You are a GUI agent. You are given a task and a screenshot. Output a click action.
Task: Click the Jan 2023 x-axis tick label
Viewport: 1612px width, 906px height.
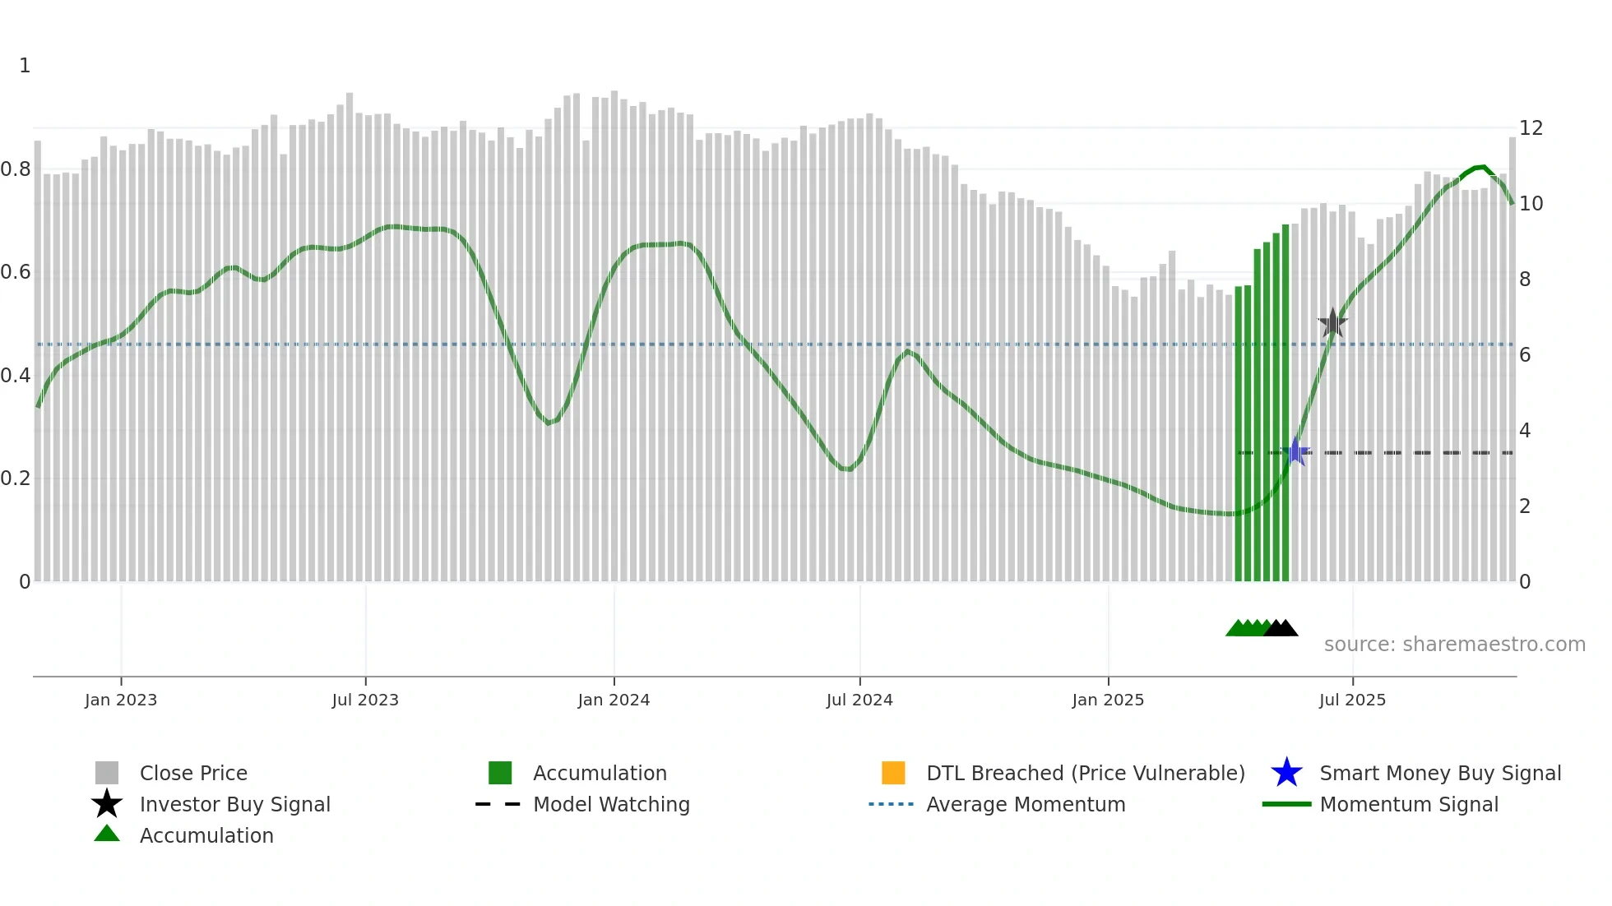(121, 700)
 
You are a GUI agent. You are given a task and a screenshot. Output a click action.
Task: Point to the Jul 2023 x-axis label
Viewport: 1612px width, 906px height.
(365, 700)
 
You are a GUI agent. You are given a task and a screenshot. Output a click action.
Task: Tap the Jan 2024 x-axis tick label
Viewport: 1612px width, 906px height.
(614, 700)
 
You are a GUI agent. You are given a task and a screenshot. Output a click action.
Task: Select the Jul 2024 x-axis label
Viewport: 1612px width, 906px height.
(859, 700)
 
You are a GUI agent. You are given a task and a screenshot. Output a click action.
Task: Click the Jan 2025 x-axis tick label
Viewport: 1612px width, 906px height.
(1108, 700)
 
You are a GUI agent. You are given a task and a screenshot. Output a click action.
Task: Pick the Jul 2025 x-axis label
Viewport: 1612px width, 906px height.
(1352, 700)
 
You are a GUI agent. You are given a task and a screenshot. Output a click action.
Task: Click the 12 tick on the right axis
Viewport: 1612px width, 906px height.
(1531, 128)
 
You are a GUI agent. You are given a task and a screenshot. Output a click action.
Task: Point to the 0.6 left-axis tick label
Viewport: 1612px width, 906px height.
(16, 272)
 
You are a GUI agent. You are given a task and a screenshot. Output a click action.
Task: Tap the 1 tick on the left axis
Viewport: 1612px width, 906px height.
(25, 66)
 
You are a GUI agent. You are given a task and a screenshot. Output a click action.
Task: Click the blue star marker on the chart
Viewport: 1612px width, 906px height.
(1295, 451)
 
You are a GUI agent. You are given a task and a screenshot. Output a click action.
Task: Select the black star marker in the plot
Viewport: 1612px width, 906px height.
(1332, 323)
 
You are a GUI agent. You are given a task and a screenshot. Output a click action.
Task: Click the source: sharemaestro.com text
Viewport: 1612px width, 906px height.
(1454, 645)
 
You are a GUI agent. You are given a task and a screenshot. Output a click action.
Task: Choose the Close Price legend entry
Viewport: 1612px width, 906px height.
(193, 773)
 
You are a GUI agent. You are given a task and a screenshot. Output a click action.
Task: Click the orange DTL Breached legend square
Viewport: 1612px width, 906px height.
(893, 773)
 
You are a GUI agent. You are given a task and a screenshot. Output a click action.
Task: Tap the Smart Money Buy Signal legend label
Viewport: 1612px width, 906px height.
(1440, 773)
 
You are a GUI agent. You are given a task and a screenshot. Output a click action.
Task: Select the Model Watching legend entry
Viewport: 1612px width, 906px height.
(611, 804)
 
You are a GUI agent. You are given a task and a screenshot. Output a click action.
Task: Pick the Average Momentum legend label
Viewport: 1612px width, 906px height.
(1026, 804)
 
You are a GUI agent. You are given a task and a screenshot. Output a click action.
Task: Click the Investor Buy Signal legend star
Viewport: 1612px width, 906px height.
(107, 804)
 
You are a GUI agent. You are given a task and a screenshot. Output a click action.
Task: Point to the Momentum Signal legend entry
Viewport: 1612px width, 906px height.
(1409, 804)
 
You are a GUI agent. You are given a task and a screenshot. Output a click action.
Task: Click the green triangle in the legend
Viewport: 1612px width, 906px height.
(107, 834)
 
